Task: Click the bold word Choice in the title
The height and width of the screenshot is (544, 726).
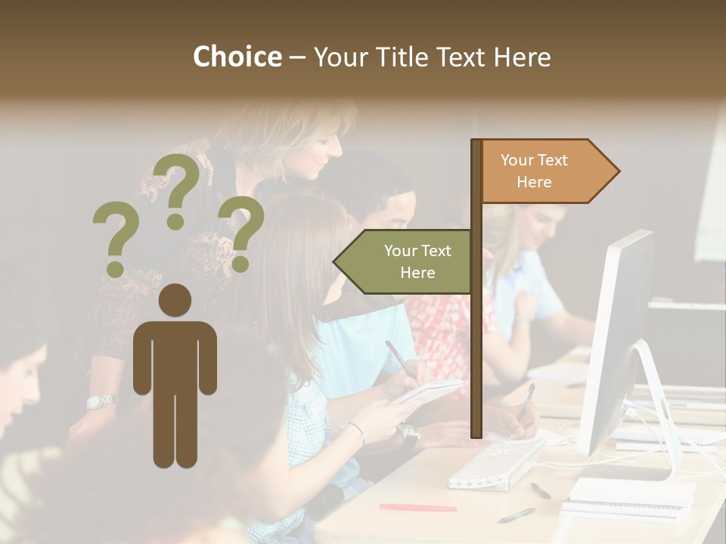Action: (237, 57)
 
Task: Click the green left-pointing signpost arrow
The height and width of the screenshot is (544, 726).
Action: (405, 261)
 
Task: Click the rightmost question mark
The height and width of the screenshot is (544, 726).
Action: (241, 232)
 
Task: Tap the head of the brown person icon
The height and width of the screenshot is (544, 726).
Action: (175, 300)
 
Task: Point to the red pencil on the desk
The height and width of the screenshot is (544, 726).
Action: (417, 507)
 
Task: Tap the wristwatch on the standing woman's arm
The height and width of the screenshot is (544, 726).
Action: (101, 400)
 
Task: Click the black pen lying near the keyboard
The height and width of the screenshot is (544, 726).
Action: (540, 490)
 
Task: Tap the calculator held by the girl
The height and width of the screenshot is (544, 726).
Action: (427, 391)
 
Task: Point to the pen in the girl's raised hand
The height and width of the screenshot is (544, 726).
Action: (399, 357)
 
